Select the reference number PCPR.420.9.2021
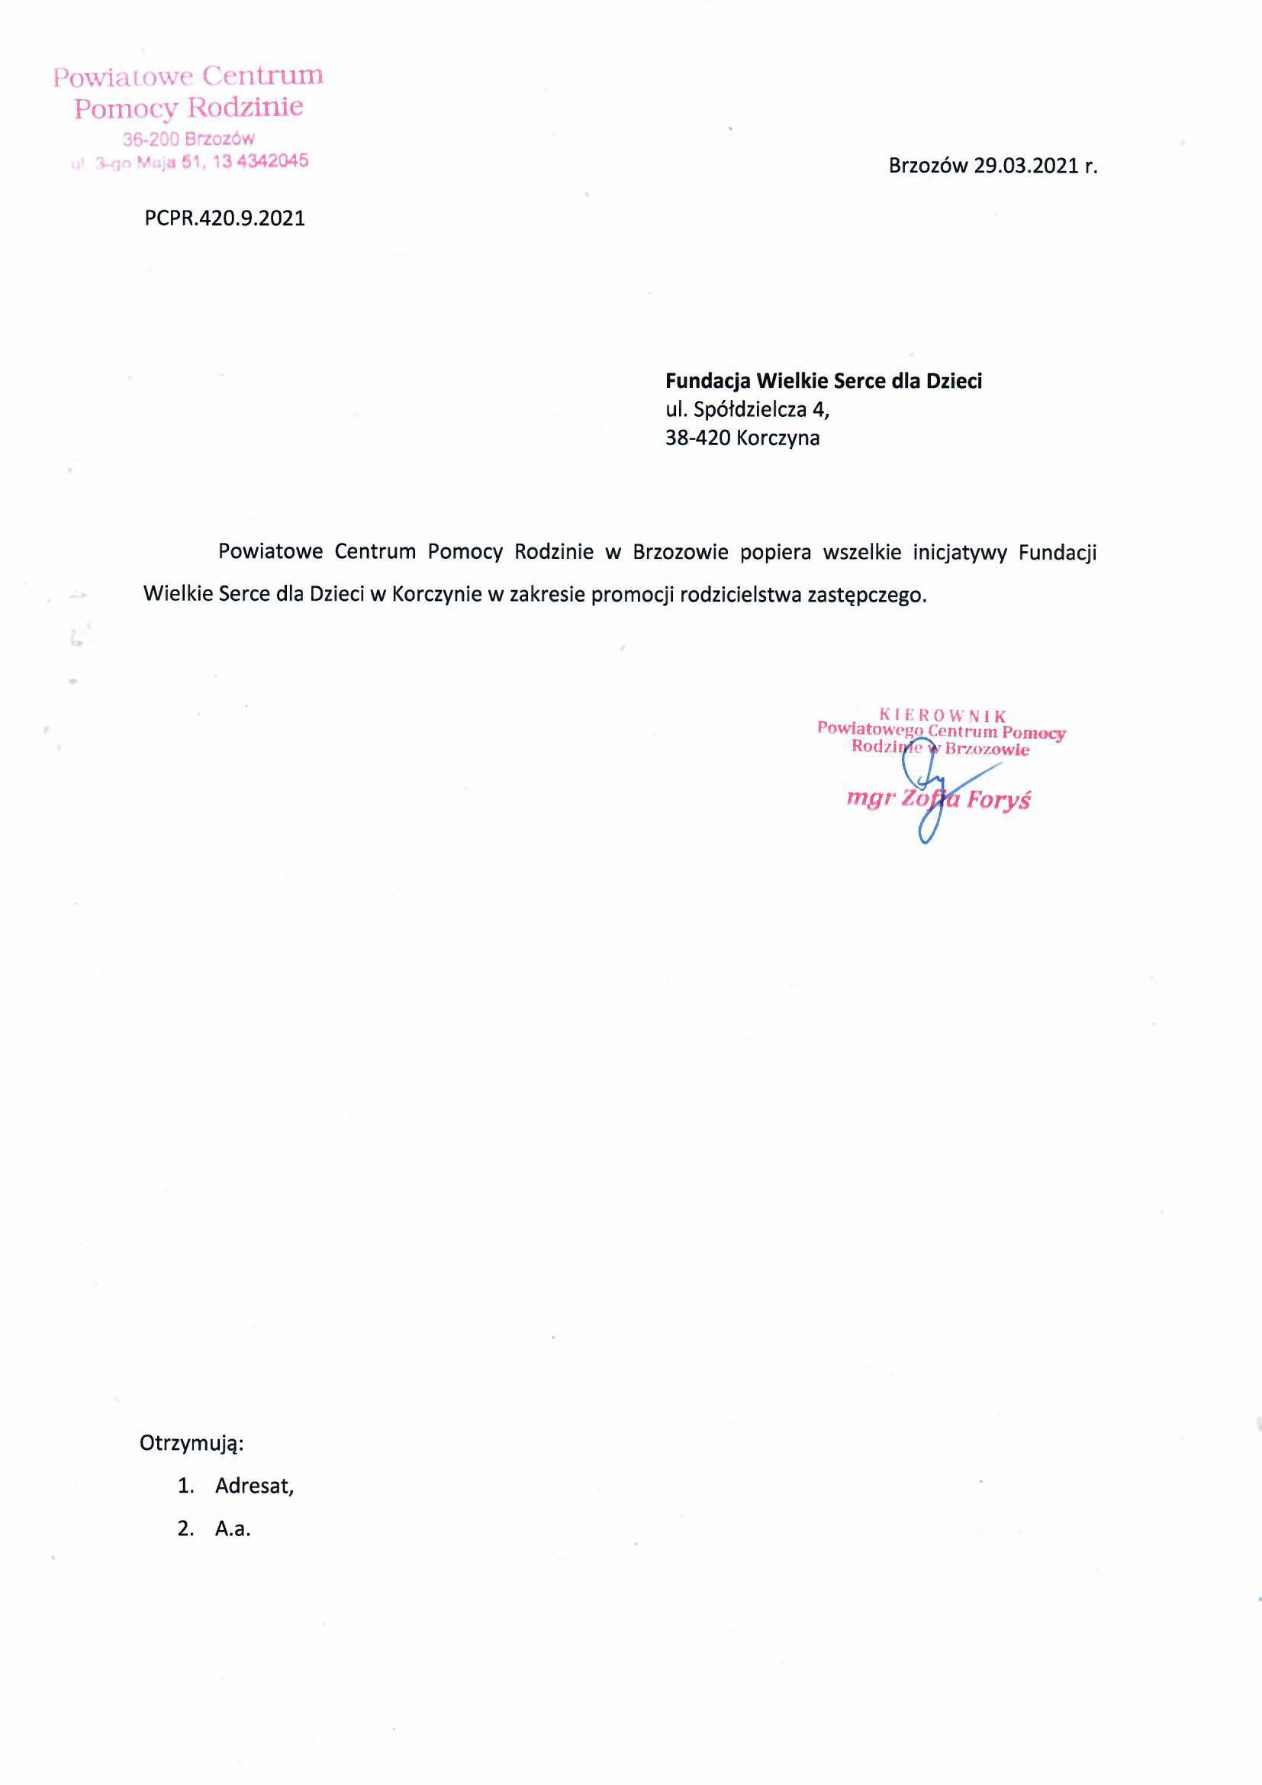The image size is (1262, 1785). pyautogui.click(x=224, y=218)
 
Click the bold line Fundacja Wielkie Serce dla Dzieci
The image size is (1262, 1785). pyautogui.click(x=824, y=381)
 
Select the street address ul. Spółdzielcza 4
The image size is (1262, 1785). pyautogui.click(x=747, y=409)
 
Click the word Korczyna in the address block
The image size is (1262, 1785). pyautogui.click(x=777, y=438)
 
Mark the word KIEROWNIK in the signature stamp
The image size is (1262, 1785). pyautogui.click(x=942, y=715)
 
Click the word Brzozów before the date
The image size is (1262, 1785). pyautogui.click(x=928, y=166)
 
